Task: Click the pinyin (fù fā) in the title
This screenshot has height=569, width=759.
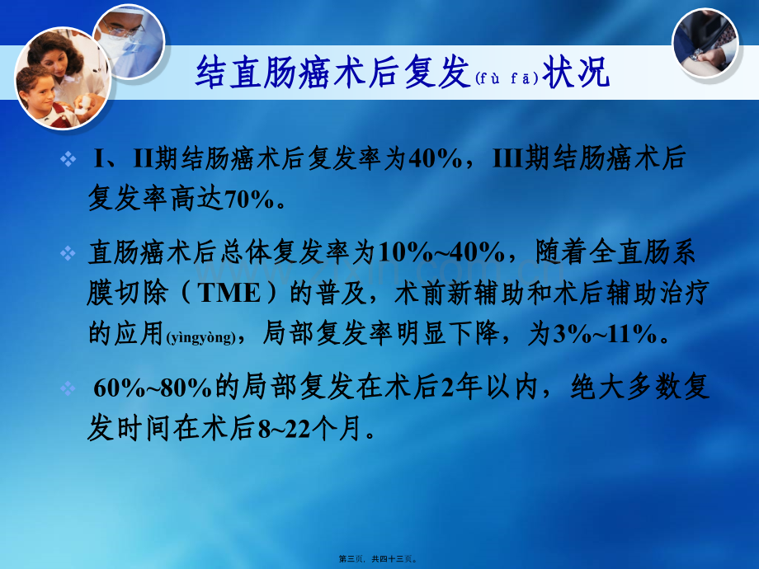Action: pos(507,78)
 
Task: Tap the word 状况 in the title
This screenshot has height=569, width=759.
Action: pos(576,72)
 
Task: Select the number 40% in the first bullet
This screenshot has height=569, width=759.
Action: pos(435,158)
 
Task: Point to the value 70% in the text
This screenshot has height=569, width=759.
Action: pos(249,199)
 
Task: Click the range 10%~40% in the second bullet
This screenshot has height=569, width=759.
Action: pos(441,252)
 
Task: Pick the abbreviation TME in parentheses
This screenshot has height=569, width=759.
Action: pos(229,293)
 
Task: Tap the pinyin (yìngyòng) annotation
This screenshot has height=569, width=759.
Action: pos(200,336)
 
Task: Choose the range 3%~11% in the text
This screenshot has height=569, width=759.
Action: pos(605,333)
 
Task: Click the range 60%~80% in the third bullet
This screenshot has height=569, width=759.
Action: pos(153,388)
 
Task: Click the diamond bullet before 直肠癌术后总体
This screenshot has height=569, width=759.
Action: pos(68,253)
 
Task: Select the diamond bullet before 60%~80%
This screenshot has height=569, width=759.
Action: pos(68,388)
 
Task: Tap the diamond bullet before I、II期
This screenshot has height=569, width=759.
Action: pos(68,158)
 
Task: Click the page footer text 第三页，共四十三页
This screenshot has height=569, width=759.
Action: pos(378,559)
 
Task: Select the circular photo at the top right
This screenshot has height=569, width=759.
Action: pos(705,43)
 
